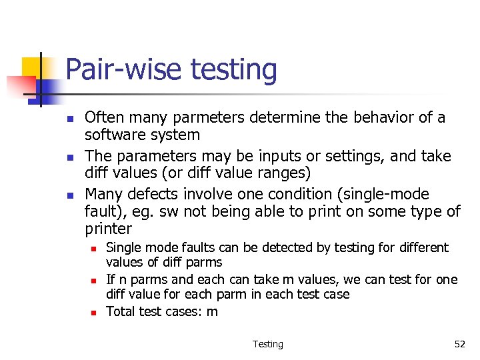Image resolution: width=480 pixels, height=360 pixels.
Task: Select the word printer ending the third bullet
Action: click(109, 229)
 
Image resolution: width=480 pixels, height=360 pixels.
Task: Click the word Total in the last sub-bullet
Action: click(121, 312)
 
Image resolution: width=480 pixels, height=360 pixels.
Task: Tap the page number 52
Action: click(459, 344)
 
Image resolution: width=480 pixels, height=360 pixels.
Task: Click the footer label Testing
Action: click(267, 344)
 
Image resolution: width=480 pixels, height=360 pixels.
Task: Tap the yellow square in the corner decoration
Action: click(32, 67)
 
